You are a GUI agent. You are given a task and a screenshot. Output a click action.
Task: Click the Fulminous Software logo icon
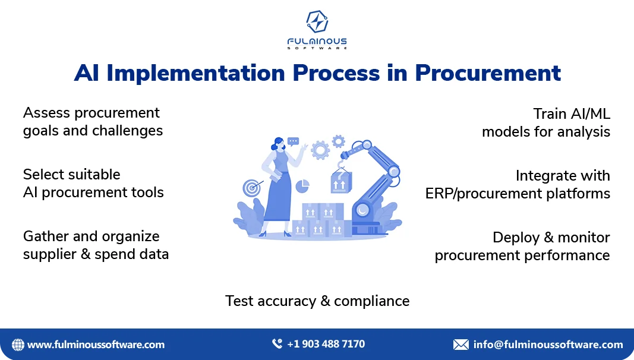317,21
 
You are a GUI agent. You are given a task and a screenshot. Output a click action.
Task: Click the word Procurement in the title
488,73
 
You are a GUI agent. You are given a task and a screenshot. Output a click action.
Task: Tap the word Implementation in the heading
195,73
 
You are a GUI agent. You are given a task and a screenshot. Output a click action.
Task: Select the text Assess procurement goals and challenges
93,122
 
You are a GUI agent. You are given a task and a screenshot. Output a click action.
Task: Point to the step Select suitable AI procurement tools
93,184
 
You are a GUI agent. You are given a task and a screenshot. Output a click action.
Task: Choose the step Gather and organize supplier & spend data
96,245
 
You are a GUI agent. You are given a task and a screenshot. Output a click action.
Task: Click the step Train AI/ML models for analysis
546,123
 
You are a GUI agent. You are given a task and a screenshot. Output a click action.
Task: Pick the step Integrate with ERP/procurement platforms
518,185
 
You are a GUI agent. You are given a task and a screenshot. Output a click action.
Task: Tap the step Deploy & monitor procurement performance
522,247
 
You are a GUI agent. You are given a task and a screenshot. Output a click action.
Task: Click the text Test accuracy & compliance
317,301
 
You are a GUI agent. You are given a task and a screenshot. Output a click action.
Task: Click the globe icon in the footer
18,345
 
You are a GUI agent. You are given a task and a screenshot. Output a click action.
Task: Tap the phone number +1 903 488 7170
326,344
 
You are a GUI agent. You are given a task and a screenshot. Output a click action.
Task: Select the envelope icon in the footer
461,345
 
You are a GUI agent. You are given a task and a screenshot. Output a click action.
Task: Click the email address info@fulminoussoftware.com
548,345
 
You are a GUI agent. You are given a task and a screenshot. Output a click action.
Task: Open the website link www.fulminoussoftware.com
96,345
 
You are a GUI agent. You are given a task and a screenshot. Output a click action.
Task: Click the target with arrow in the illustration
253,188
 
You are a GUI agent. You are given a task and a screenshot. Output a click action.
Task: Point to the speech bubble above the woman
293,141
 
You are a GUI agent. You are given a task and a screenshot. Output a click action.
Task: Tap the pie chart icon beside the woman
302,187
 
